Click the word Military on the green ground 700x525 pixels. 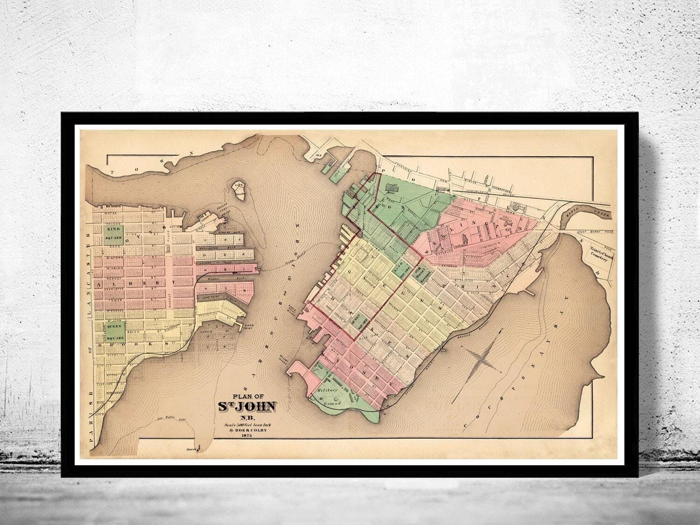click(x=327, y=389)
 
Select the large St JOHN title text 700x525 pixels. click(x=247, y=406)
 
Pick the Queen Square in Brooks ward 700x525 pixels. click(x=114, y=331)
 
